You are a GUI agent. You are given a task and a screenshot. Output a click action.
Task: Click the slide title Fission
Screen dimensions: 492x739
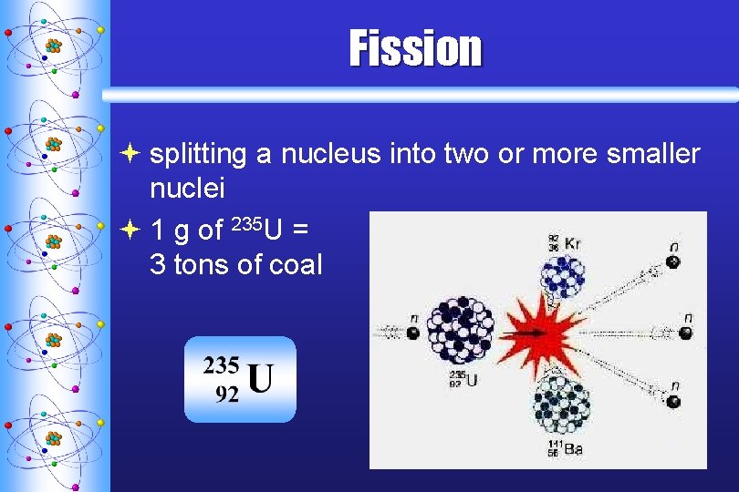coord(415,49)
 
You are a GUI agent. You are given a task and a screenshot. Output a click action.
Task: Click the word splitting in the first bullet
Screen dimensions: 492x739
coord(198,155)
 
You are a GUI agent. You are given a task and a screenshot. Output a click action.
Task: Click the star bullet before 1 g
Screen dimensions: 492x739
coord(132,230)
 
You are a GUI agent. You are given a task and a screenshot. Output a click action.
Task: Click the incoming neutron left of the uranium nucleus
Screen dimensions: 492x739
coord(412,333)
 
